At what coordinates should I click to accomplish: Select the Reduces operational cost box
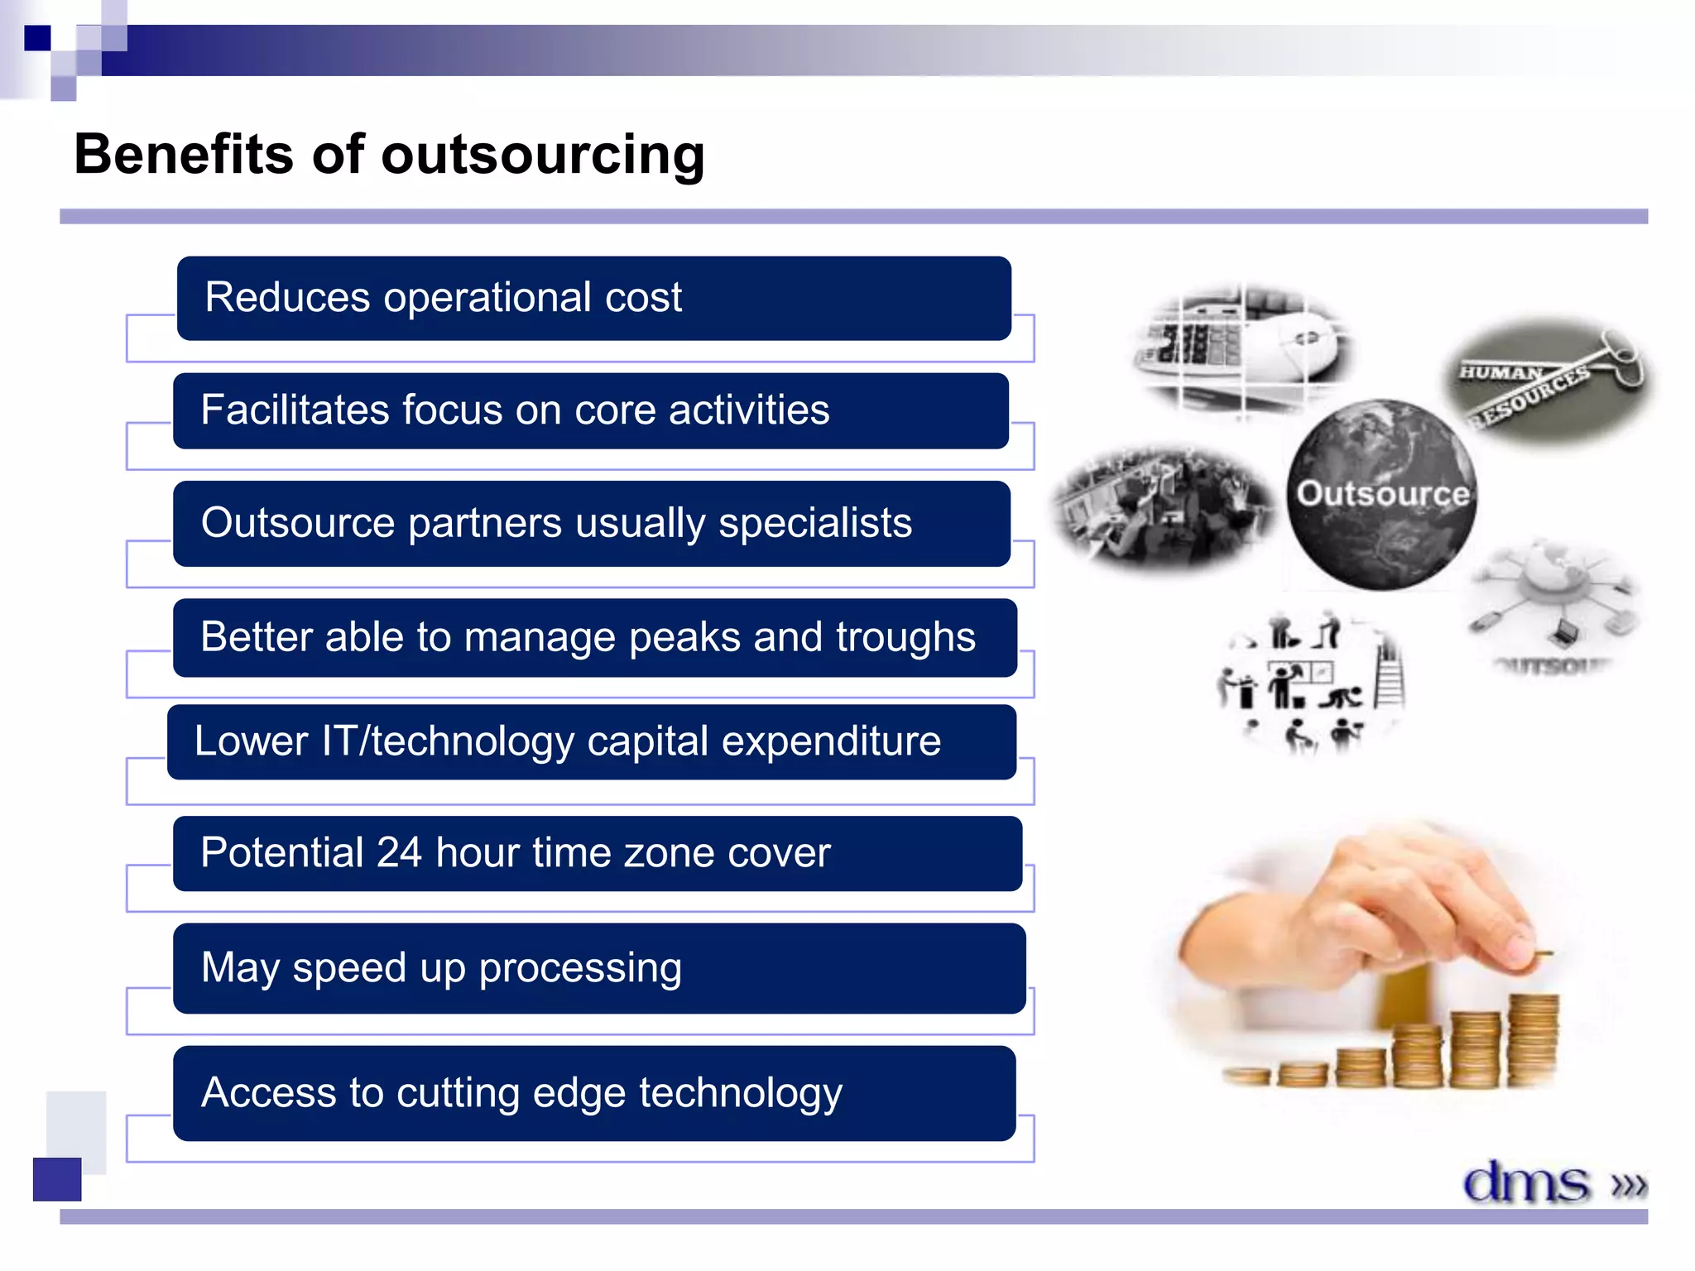click(x=593, y=298)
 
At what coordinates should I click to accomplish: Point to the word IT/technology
click(x=447, y=741)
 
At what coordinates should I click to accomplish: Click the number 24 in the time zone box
click(x=399, y=853)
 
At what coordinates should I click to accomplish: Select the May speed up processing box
click(x=598, y=968)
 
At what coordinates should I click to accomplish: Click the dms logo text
click(x=1526, y=1182)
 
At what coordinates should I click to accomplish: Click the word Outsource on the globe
click(x=1382, y=494)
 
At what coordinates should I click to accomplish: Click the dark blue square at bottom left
click(x=57, y=1179)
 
